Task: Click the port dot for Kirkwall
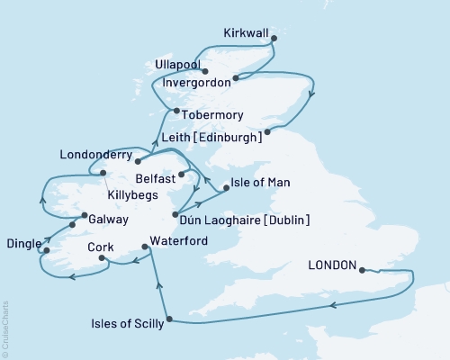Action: click(x=274, y=39)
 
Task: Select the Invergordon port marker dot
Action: click(x=235, y=79)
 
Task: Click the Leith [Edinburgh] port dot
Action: click(x=267, y=135)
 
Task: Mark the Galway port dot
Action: click(x=72, y=224)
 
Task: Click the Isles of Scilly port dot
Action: click(x=169, y=318)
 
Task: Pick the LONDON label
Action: click(x=330, y=266)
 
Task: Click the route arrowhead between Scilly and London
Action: click(x=334, y=306)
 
